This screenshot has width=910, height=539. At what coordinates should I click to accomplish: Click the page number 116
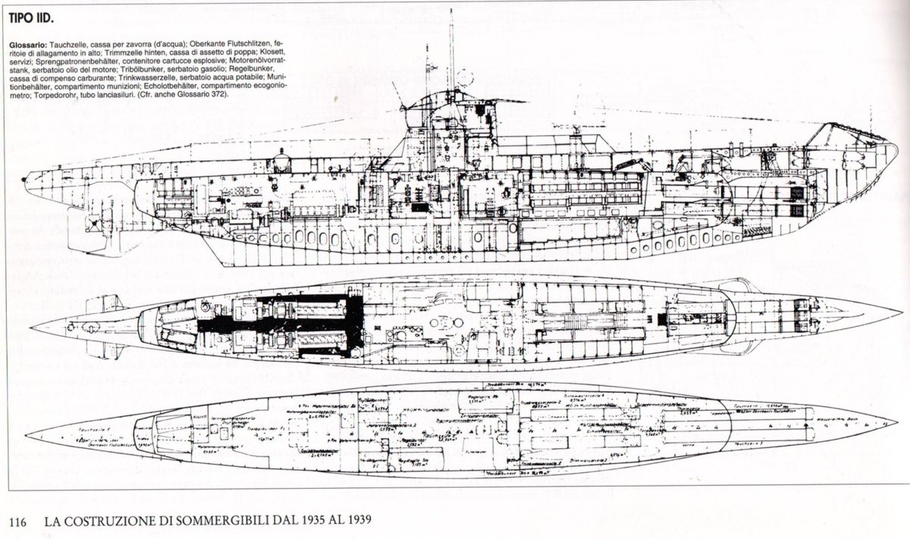point(18,522)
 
